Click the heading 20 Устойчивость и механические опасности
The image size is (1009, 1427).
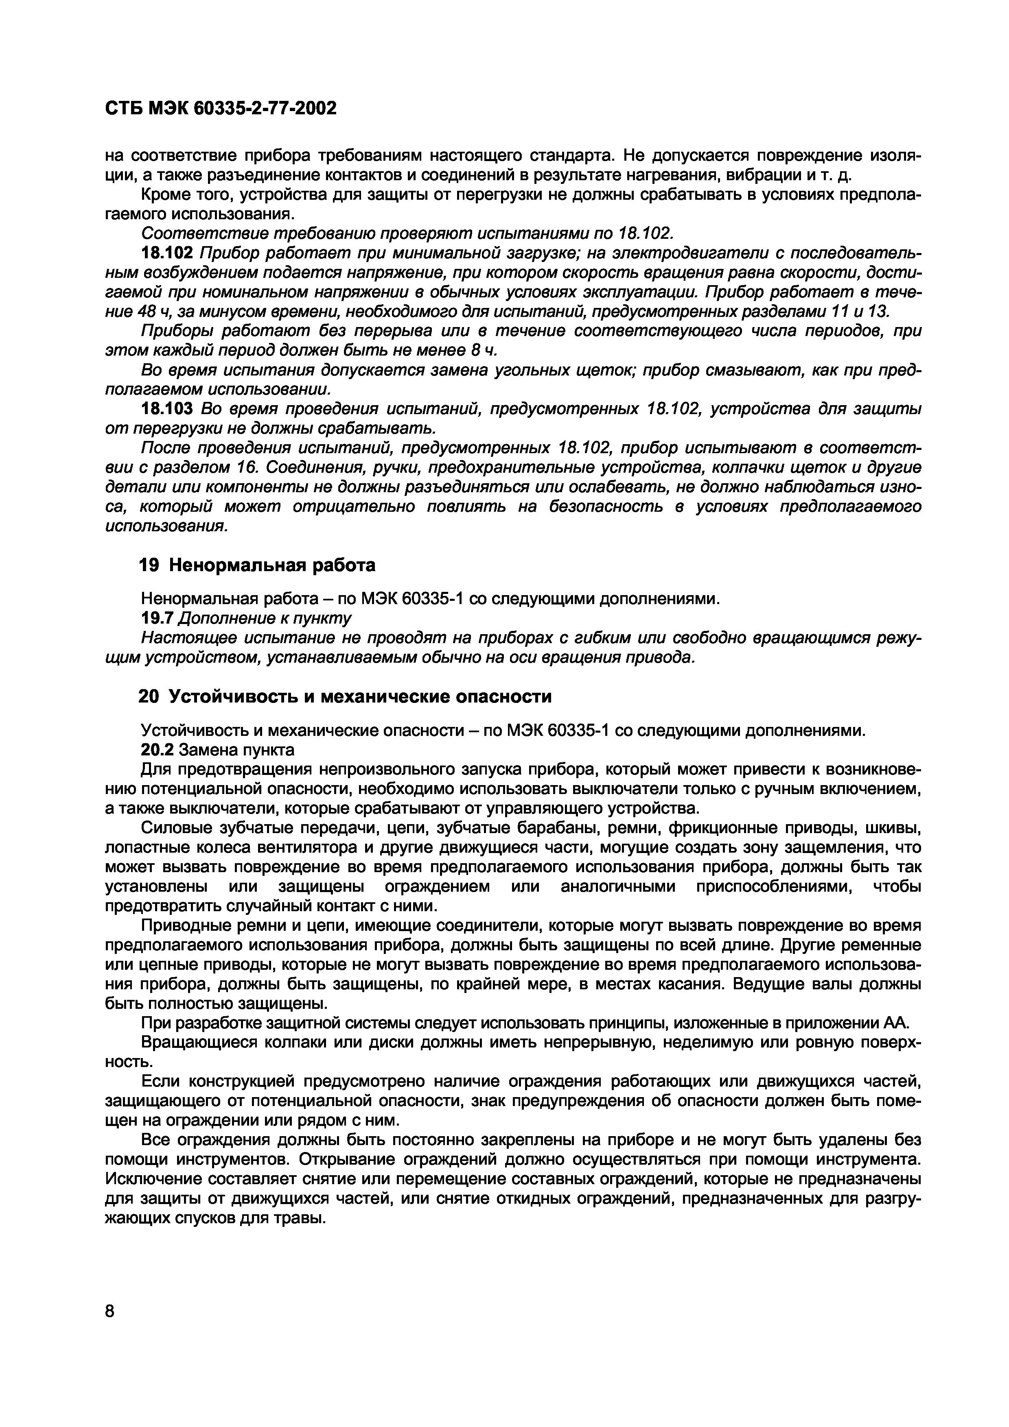click(344, 697)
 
